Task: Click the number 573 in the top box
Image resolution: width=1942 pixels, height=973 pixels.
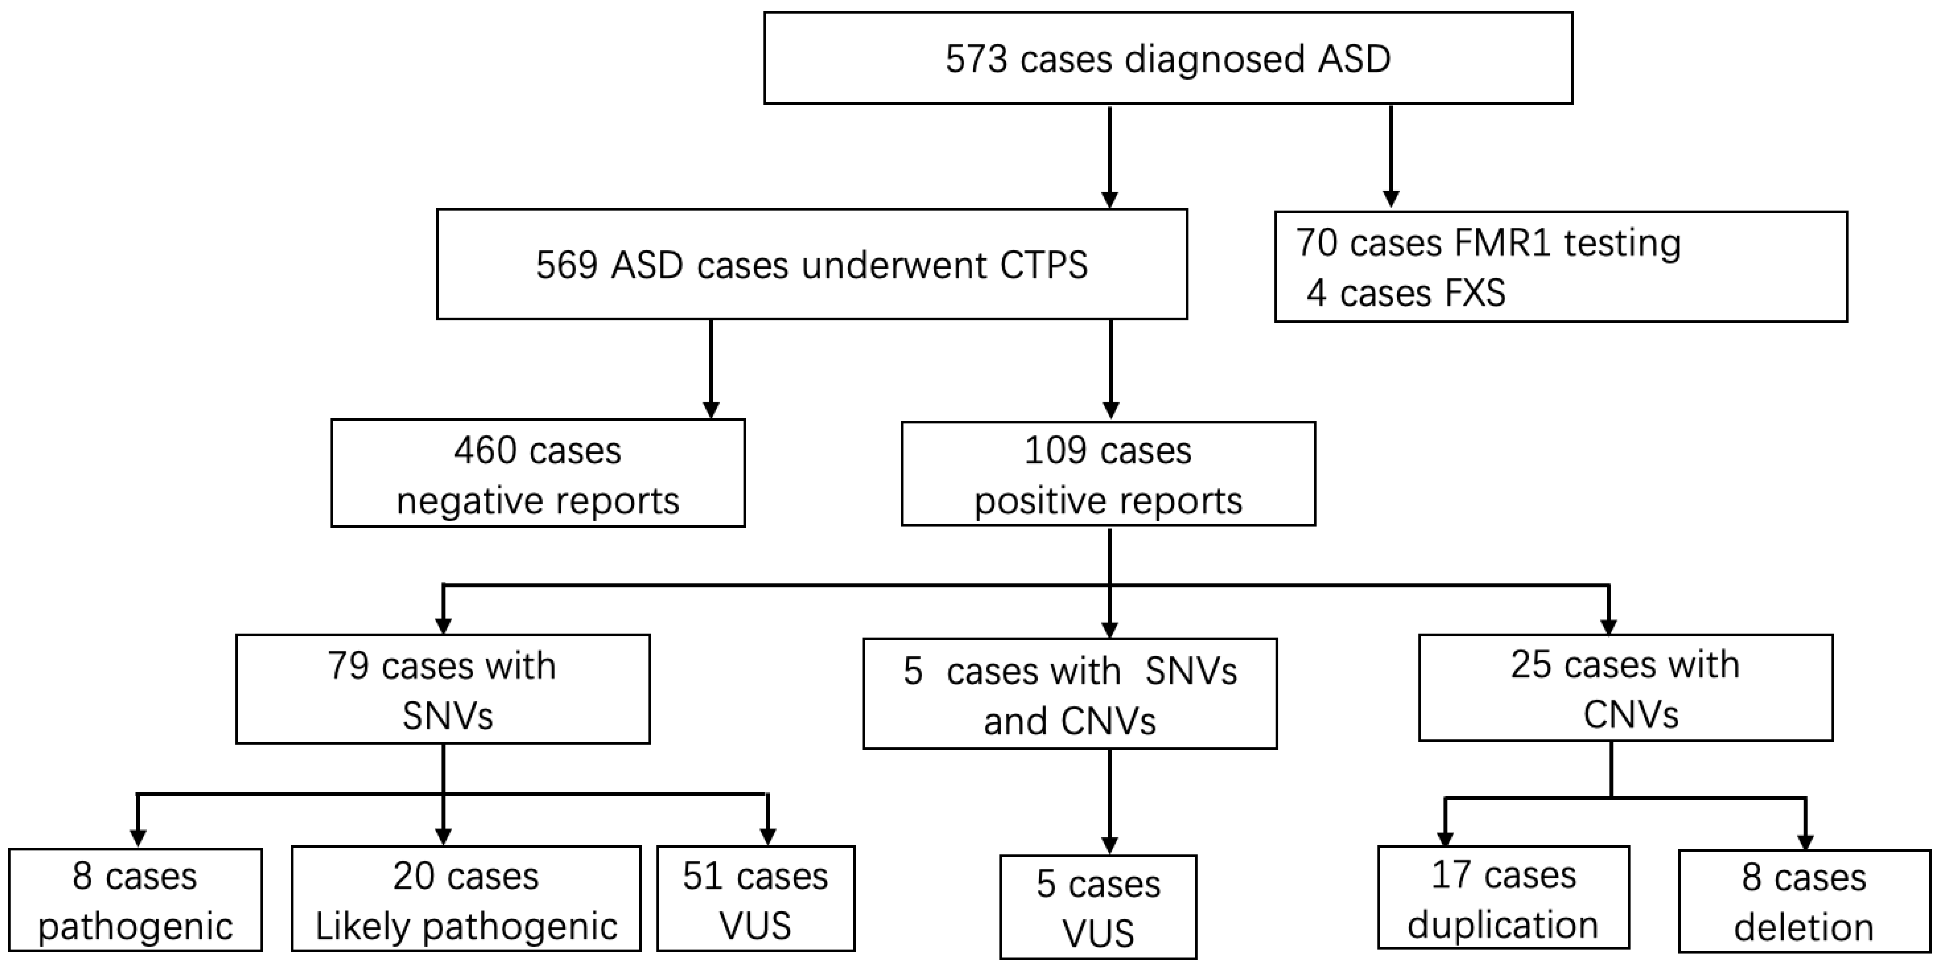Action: pos(976,59)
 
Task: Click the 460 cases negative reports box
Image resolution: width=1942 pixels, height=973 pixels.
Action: pos(537,473)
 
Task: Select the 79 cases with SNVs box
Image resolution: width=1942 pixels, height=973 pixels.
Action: pos(443,689)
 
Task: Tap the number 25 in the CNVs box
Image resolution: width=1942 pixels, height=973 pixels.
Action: pos(1530,665)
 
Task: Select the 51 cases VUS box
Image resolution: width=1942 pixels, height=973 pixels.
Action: pos(755,899)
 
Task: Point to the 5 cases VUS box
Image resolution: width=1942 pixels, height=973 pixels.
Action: pos(1098,907)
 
